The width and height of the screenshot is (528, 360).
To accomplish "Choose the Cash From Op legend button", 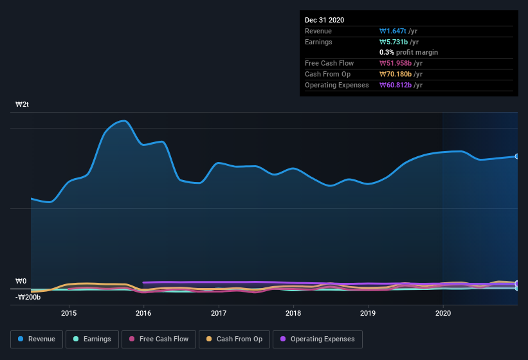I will click(235, 339).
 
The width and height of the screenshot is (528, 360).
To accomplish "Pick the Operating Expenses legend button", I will click(318, 339).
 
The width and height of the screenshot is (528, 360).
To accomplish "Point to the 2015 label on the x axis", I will click(69, 314).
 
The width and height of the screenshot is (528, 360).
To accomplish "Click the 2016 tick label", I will click(143, 314).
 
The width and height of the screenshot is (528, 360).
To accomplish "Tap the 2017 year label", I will click(219, 314).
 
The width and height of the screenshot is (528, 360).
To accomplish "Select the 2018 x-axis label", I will click(293, 314).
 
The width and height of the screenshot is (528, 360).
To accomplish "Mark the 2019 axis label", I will click(368, 314).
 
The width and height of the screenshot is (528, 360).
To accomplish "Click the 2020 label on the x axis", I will click(443, 314).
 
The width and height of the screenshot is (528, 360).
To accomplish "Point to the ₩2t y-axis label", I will click(23, 104).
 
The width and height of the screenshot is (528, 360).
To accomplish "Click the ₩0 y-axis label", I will click(21, 281).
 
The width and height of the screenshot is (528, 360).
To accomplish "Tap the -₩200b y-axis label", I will click(28, 296).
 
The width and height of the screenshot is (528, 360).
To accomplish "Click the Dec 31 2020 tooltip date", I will click(324, 20).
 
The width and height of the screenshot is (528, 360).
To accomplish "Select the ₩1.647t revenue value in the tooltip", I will click(394, 31).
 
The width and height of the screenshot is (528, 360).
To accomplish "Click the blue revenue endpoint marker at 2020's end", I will click(516, 156).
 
